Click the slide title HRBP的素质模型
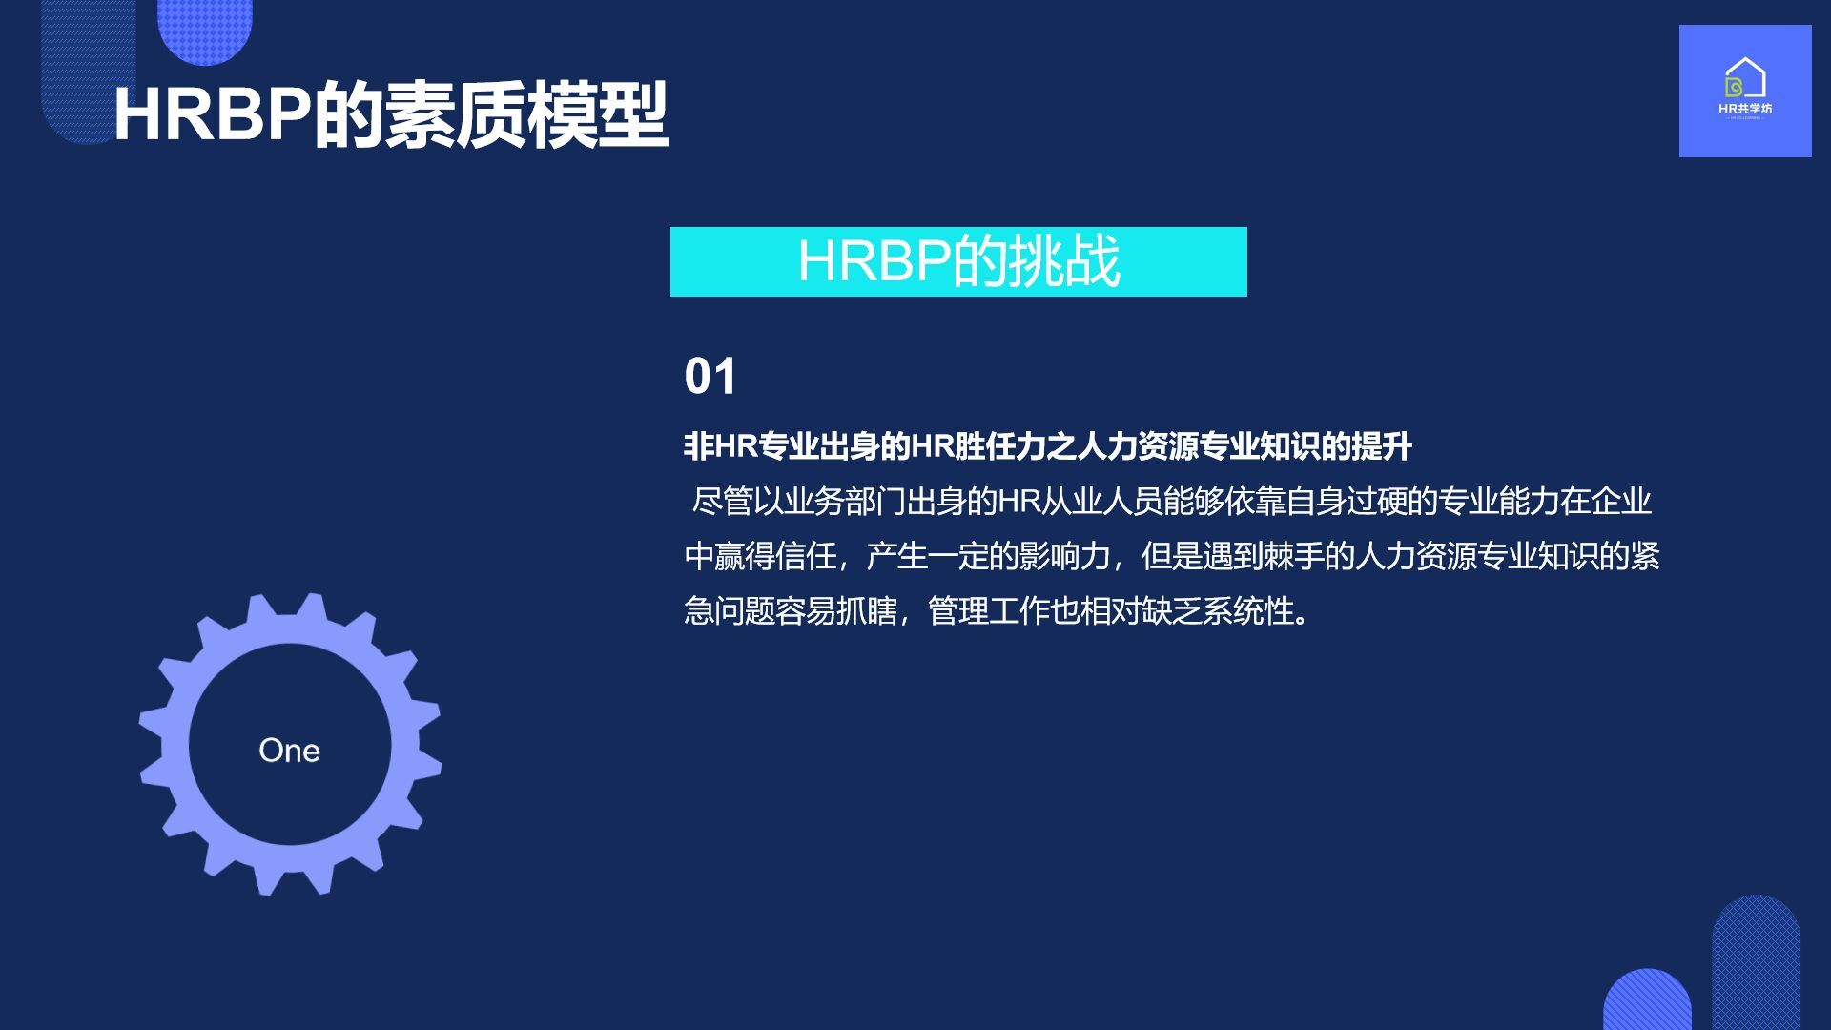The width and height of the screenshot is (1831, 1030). click(391, 114)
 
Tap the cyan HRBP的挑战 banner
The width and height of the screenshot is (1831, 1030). click(958, 261)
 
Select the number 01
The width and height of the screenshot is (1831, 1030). click(710, 376)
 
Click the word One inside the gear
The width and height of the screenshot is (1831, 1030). click(289, 751)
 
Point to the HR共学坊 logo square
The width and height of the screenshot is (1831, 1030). click(1745, 91)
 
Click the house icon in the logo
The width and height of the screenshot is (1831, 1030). click(1745, 78)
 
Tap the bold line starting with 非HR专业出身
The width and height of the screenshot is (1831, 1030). click(1048, 446)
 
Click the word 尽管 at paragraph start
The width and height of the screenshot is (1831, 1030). click(722, 502)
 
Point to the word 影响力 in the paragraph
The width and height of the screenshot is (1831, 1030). click(1065, 556)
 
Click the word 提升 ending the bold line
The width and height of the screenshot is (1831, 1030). click(1382, 446)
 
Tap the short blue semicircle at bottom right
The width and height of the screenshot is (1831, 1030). click(1647, 1001)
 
